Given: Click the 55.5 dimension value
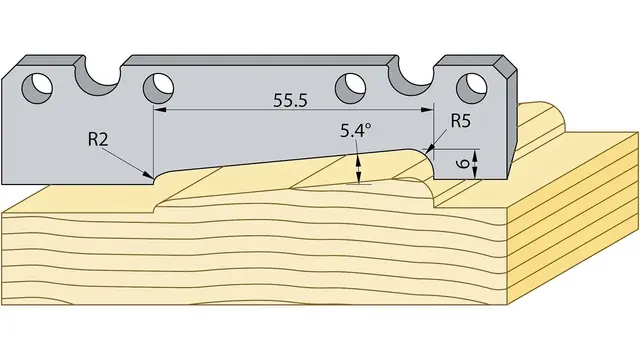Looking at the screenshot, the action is point(290,101).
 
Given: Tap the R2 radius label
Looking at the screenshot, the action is point(98,140).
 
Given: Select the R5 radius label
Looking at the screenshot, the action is point(461,121).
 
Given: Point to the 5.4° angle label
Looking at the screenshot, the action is point(356,130).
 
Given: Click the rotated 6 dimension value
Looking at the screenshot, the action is point(462,164).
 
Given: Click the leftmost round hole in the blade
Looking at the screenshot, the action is point(37,88).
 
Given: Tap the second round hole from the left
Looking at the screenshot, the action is point(158,88).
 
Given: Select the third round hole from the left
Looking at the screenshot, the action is point(350,88).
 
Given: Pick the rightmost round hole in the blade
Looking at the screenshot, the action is point(471,88).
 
